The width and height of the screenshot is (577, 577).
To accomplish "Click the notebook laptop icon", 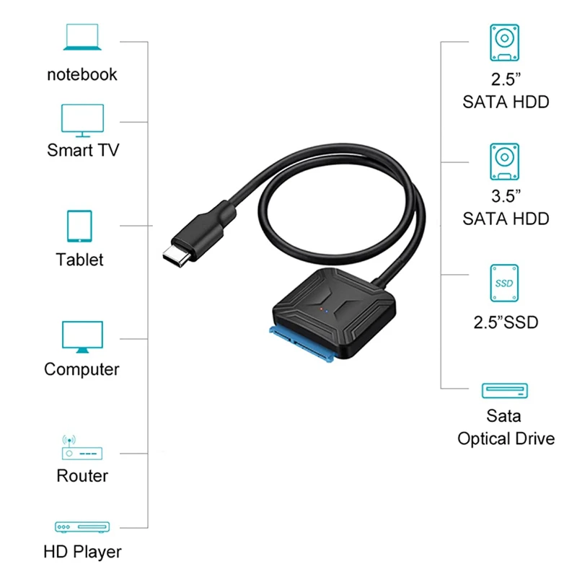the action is point(82,38).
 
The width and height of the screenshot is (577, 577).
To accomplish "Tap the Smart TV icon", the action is point(82,120).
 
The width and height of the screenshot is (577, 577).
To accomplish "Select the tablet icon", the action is point(79,226).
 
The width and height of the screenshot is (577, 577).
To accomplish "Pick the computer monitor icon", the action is point(82,337).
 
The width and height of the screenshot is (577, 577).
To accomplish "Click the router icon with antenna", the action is point(82,447).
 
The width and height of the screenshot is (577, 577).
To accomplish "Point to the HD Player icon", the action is point(82,527).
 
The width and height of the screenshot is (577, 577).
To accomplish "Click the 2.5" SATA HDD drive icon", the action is point(504,43).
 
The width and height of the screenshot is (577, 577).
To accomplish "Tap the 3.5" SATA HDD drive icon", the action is point(504,162).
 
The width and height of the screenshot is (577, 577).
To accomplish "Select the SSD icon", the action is point(504,283).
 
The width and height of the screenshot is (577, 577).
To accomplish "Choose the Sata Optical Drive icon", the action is point(504,391).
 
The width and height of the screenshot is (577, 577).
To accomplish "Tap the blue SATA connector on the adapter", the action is point(301,344).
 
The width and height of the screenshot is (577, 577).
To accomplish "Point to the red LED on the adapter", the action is point(321,309).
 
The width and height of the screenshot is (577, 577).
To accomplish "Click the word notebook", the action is point(82,74).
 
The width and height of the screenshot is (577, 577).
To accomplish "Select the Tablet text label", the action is point(79,260).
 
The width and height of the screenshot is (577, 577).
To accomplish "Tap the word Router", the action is point(82,476).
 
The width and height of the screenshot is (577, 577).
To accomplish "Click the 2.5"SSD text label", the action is point(506,322).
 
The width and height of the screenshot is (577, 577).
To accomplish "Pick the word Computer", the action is point(82,369).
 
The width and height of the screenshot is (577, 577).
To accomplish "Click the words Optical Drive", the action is point(506,439).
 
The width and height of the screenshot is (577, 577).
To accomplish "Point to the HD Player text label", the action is point(82,552).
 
